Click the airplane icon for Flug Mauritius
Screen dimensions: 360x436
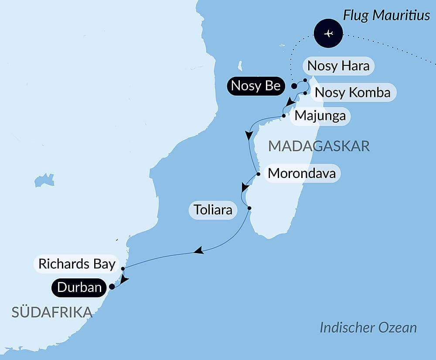pos(328,33)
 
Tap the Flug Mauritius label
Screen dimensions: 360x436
pos(387,16)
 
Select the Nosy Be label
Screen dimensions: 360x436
pos(255,86)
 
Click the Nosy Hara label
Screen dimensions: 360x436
pos(338,66)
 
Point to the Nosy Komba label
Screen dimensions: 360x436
pos(352,93)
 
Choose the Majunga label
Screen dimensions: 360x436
pos(320,116)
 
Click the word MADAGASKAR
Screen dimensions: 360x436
pos(319,146)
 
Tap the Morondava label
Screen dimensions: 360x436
pos(302,173)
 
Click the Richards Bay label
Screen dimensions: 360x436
pos(77,264)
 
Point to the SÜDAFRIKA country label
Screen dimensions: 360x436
pos(52,312)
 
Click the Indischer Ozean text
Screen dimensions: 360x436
pos(368,328)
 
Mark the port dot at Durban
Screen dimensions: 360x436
pos(112,287)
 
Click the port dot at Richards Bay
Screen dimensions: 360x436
pos(123,268)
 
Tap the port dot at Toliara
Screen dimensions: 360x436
pos(249,208)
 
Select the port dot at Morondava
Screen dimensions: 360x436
pos(259,174)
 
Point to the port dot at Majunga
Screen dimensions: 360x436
pos(284,116)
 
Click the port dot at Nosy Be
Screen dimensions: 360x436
pos(294,86)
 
